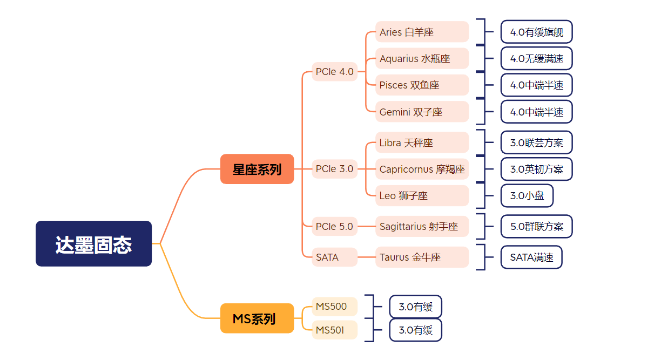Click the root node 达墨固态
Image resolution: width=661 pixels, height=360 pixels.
93,243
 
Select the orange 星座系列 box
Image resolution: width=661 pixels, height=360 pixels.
257,169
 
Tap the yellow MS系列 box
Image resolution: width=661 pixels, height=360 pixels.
257,318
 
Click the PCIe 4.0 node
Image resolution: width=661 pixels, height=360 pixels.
335,72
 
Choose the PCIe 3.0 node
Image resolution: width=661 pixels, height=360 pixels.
335,169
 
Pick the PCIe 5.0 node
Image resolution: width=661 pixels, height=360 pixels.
335,227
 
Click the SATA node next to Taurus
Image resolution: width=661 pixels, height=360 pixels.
335,257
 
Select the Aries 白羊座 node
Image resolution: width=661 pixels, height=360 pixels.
422,32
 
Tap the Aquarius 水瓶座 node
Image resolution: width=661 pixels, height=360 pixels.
422,58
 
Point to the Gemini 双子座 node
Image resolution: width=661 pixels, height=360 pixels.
422,112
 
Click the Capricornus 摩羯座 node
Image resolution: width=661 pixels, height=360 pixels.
422,169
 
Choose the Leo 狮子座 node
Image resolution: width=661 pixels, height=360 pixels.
422,195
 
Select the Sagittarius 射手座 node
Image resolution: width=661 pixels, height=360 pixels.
422,227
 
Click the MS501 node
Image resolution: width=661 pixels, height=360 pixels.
335,330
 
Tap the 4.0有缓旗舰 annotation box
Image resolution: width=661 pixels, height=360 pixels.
536,32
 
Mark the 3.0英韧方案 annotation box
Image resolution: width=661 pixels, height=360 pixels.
536,169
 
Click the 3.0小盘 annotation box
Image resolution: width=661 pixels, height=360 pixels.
527,195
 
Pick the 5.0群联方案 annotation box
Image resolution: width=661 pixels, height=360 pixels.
536,227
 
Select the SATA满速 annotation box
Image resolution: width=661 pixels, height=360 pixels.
531,257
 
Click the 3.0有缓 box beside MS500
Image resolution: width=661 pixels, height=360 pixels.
415,307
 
